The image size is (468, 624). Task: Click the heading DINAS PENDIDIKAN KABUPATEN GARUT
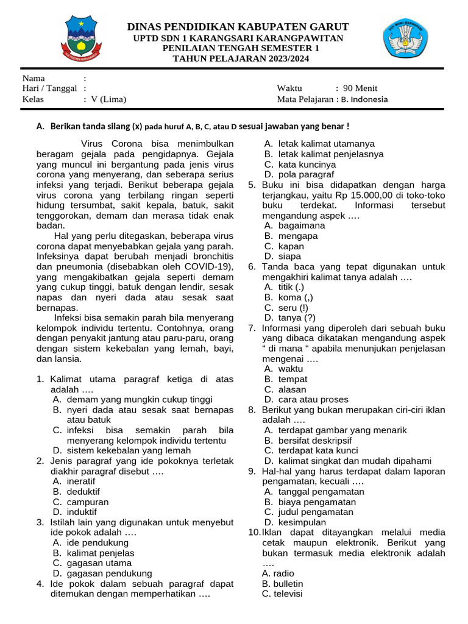238,27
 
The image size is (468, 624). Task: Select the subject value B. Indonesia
364,99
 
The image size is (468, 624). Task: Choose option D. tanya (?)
289,317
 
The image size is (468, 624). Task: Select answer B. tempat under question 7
285,379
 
